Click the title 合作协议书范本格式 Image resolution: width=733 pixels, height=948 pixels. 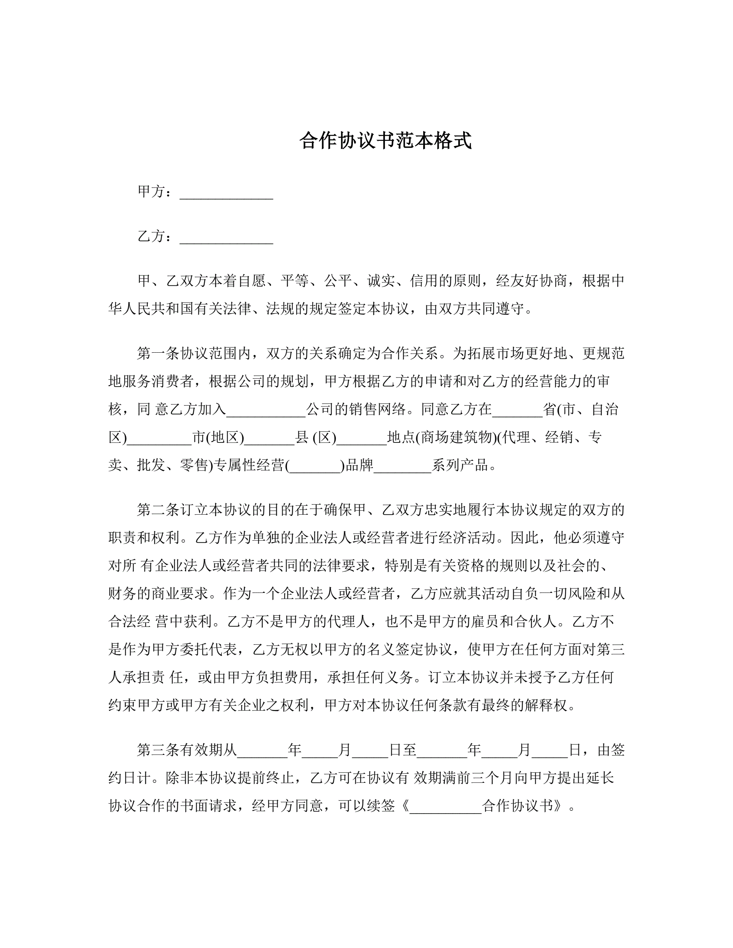click(x=385, y=141)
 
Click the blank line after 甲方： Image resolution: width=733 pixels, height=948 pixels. click(x=226, y=193)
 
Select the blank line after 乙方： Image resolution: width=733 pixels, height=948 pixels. click(x=226, y=238)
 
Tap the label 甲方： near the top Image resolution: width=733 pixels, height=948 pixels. click(x=154, y=192)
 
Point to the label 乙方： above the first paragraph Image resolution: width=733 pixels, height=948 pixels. click(x=154, y=237)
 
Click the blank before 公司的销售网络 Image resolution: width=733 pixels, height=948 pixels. click(x=266, y=411)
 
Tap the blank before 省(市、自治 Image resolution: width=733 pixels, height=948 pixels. click(x=517, y=411)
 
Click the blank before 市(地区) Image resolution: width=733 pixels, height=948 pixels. click(x=159, y=438)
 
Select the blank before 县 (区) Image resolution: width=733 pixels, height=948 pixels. click(x=269, y=438)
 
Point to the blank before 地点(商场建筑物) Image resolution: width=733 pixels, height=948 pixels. click(x=362, y=438)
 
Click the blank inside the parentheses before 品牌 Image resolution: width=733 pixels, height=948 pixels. click(x=315, y=467)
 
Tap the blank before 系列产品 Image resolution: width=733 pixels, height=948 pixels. click(x=402, y=467)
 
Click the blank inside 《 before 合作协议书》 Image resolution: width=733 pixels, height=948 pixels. click(x=446, y=806)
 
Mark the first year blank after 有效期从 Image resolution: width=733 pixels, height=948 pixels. click(x=262, y=751)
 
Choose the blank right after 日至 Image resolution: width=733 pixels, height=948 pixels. click(x=442, y=751)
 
